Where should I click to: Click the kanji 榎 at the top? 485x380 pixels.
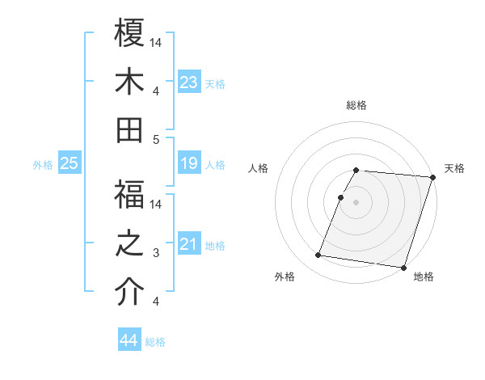click(x=129, y=33)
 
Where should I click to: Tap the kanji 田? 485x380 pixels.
click(x=129, y=129)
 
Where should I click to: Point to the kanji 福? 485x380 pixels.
click(x=129, y=195)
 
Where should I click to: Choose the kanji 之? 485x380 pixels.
click(x=129, y=243)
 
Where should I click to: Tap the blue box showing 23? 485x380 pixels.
click(x=189, y=82)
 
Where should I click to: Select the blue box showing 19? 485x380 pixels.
click(x=189, y=164)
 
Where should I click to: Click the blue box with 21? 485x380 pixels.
click(x=189, y=244)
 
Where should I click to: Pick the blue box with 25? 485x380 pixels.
click(x=70, y=164)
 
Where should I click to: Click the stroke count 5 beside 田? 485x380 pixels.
click(x=157, y=139)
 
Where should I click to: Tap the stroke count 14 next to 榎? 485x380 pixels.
click(x=157, y=43)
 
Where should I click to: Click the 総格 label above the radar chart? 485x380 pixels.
click(x=356, y=105)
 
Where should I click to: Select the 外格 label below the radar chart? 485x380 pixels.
click(x=285, y=277)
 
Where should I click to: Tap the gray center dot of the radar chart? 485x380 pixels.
click(x=356, y=202)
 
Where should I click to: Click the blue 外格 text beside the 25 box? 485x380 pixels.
click(x=43, y=165)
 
